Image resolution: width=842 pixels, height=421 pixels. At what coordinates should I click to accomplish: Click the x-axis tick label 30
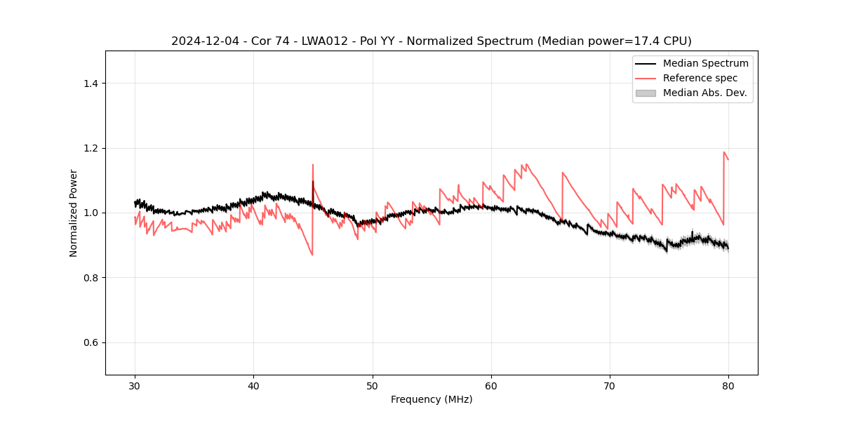[x=135, y=386]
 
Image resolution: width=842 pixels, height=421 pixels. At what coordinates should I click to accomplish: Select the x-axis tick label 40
[x=254, y=386]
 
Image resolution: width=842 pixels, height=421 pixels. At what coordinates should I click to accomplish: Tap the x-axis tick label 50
[x=373, y=386]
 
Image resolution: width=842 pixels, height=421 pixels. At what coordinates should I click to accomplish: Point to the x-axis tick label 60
[x=491, y=386]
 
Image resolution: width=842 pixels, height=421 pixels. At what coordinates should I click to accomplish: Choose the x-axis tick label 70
[x=610, y=386]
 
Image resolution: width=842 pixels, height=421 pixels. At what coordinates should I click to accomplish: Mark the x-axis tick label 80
[x=728, y=386]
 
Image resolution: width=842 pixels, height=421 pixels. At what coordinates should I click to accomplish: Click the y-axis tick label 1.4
[x=91, y=83]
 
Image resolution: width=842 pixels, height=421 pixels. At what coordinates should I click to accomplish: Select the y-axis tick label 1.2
[x=91, y=148]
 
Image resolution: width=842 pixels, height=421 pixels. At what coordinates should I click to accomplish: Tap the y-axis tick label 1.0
[x=91, y=213]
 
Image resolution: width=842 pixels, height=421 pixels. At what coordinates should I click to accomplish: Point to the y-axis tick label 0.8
[x=91, y=278]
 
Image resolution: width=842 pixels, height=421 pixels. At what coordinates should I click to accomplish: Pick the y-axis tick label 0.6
[x=91, y=342]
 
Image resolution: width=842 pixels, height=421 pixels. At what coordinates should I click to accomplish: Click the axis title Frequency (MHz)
[x=432, y=399]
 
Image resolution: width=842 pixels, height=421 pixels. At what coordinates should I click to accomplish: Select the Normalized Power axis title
[x=74, y=213]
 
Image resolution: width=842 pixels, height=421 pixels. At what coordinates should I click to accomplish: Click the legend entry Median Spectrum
[x=705, y=63]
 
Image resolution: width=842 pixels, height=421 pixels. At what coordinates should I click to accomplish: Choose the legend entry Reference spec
[x=700, y=78]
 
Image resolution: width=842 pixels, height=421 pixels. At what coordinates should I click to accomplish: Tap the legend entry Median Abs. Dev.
[x=704, y=93]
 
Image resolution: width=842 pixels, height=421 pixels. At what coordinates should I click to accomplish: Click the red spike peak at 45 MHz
[x=313, y=165]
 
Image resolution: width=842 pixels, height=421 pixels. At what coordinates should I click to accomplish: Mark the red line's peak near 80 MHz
[x=724, y=152]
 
